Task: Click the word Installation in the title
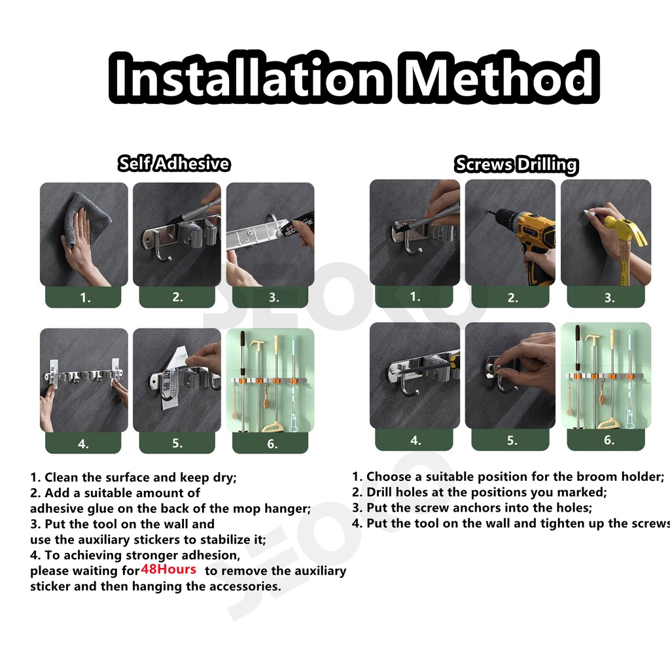click(x=249, y=77)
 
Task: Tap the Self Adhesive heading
click(x=174, y=164)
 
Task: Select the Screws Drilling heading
click(x=516, y=165)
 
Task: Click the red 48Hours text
click(x=168, y=569)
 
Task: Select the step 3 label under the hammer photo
click(x=609, y=298)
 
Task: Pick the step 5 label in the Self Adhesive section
click(x=177, y=443)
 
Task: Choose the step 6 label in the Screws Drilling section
click(x=609, y=440)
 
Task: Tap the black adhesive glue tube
click(x=299, y=227)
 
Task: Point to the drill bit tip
click(x=488, y=211)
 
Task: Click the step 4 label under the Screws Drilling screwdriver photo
click(x=415, y=440)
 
